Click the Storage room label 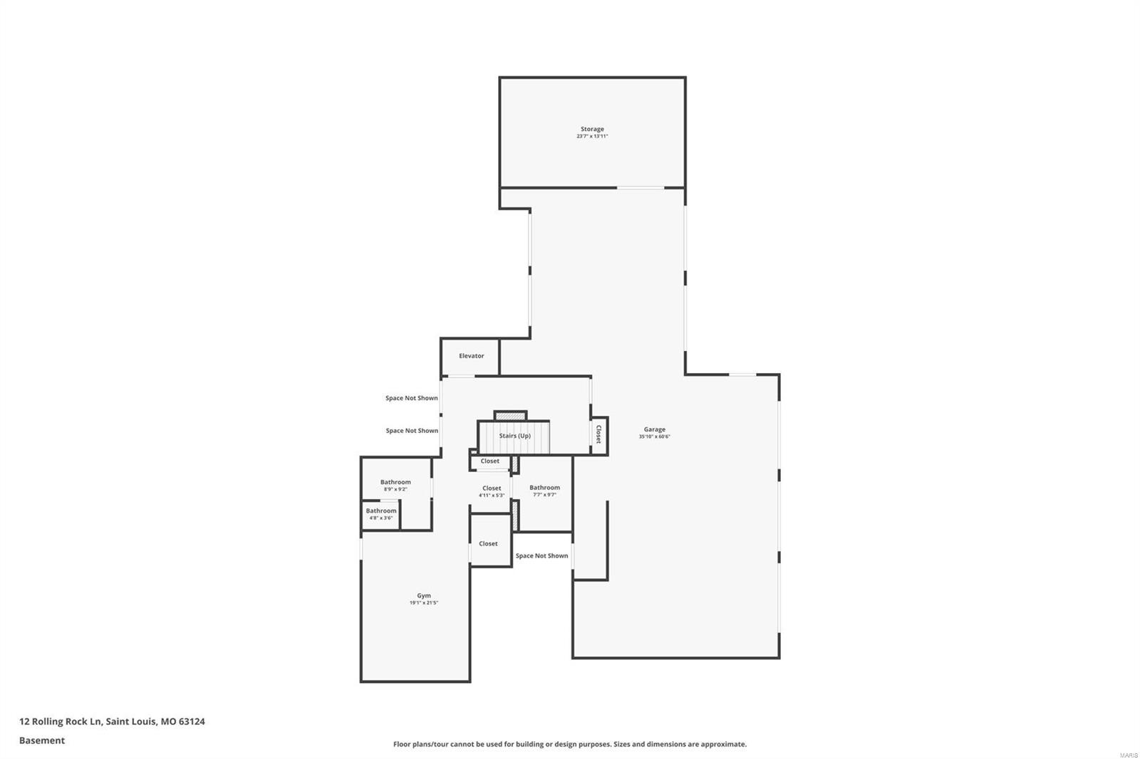[591, 129]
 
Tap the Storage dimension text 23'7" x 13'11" [591, 136]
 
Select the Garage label [654, 429]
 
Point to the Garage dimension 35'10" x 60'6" [654, 436]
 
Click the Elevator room [471, 356]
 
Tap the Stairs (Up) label [514, 436]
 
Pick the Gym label [424, 596]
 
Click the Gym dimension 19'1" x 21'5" [424, 603]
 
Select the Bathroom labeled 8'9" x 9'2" [395, 482]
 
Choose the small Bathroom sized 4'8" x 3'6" [381, 511]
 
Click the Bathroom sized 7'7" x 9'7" [544, 488]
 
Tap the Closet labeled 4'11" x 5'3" [492, 488]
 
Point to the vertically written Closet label [598, 434]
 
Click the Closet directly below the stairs [490, 461]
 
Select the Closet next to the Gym [488, 544]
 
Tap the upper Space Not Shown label [412, 398]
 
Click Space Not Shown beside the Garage [541, 556]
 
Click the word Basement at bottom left [42, 740]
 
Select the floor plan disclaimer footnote [570, 744]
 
